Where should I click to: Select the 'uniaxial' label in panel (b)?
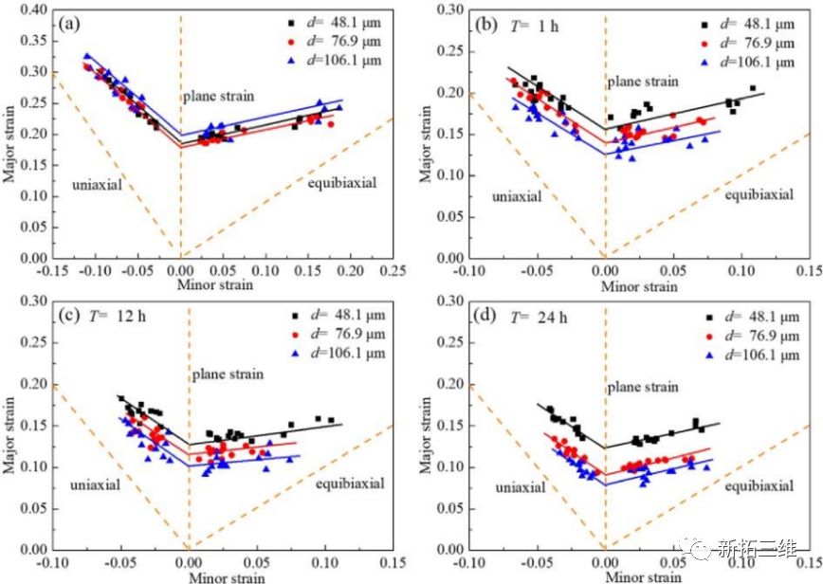tap(517, 196)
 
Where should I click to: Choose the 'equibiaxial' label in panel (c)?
tap(350, 484)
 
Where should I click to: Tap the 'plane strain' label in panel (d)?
tap(643, 387)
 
